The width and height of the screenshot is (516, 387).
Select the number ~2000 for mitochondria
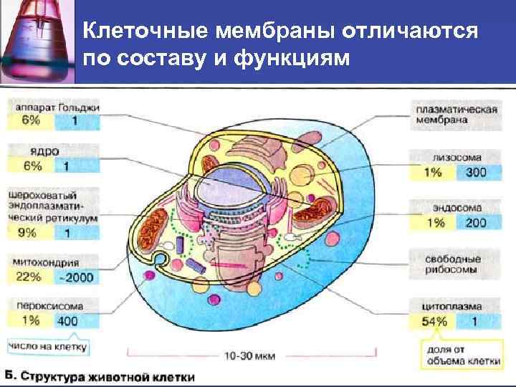coord(76,277)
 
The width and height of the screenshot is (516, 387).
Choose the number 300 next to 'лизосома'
coord(475,173)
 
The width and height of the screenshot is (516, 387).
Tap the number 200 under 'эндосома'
coord(475,222)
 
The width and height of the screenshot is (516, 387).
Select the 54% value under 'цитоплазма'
coord(433,321)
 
